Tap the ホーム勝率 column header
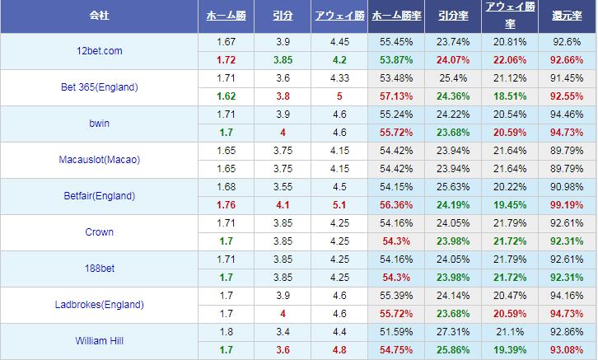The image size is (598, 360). tap(395, 16)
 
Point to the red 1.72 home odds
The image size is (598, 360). tap(226, 60)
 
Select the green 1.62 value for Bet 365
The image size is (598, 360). tap(226, 96)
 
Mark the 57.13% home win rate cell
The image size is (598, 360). tap(395, 96)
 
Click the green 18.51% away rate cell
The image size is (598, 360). tap(507, 96)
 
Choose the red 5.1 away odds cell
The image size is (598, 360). tap(339, 205)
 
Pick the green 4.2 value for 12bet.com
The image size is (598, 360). tap(339, 60)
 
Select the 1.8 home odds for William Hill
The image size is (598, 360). tap(226, 332)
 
